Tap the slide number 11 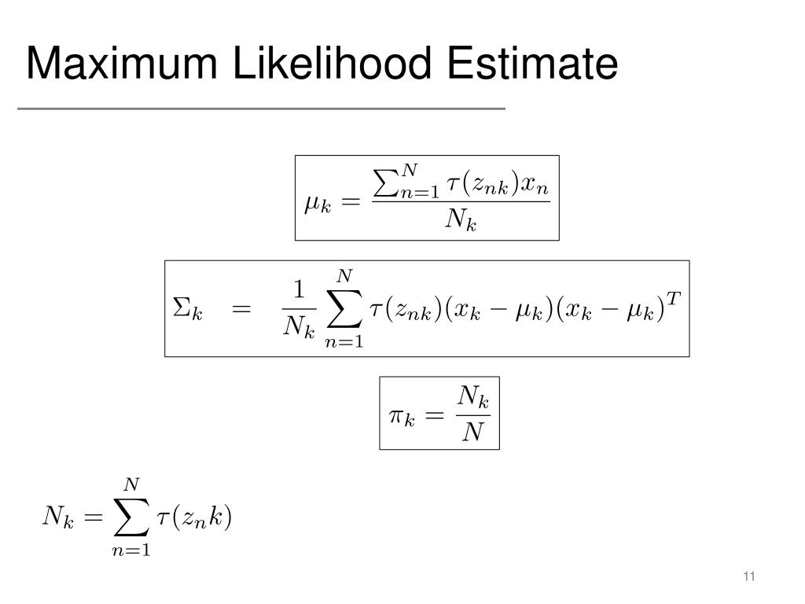[748, 578]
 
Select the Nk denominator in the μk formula [461, 221]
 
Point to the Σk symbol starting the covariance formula [187, 309]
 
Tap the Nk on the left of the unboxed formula [57, 517]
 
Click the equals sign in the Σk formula [241, 309]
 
